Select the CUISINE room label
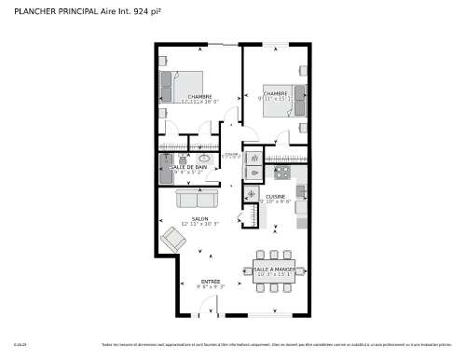point(275,196)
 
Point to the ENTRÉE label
point(211,281)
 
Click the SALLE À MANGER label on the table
point(273,269)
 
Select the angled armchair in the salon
point(173,239)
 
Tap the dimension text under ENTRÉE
point(211,287)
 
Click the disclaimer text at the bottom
point(280,344)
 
